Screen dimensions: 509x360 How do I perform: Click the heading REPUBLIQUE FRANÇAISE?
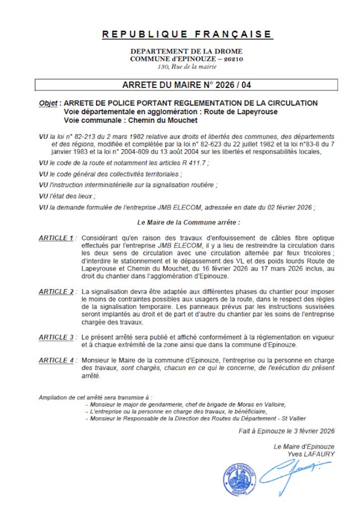187,34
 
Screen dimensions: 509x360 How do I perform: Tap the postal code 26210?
232,59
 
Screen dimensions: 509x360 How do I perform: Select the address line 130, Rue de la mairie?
187,66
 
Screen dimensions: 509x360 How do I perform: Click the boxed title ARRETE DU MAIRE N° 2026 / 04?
187,85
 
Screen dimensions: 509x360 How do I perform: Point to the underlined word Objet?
48,103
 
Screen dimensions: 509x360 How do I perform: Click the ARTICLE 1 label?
56,238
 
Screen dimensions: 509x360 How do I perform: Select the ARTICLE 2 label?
56,291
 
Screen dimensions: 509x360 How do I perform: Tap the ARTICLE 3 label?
56,338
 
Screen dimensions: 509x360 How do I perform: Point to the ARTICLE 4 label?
56,360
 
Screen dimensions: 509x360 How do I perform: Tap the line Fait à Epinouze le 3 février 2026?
286,431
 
